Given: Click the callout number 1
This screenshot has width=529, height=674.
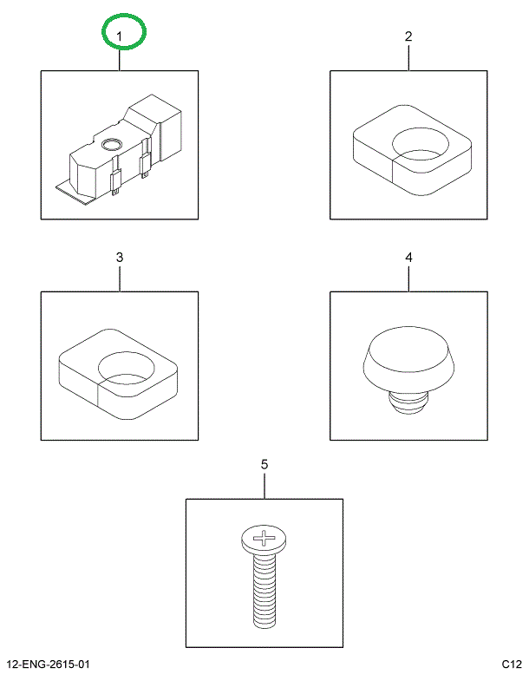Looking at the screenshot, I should [x=120, y=36].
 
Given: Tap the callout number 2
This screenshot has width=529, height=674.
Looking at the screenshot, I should [x=408, y=36].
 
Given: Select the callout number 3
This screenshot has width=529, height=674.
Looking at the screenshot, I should [x=120, y=258].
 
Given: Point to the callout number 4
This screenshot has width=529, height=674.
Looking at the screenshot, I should [x=408, y=258].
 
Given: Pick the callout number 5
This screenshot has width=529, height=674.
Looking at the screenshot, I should [x=264, y=465].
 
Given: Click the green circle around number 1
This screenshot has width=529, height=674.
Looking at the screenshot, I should [x=124, y=33].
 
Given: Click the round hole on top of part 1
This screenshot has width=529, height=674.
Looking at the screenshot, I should [x=111, y=145].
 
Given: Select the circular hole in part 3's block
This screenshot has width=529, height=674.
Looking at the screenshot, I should [x=127, y=368].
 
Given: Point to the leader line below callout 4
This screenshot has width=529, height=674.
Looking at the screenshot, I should [x=408, y=278].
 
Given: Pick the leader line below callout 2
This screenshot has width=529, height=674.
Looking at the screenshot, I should [x=408, y=57].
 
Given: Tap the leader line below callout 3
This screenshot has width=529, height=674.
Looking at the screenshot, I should [x=120, y=278].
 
